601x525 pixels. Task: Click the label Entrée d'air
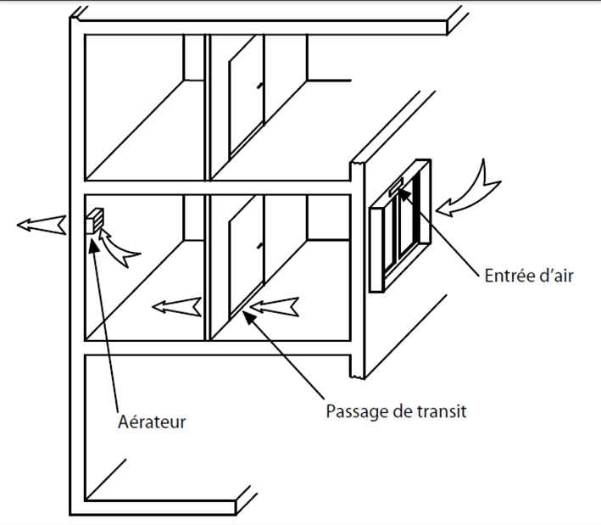point(531,276)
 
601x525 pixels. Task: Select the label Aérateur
point(151,421)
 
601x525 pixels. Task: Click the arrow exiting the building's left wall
point(41,225)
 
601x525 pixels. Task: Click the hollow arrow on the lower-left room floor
point(175,305)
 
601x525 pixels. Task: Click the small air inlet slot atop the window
point(397,185)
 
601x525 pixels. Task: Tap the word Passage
point(356,412)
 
